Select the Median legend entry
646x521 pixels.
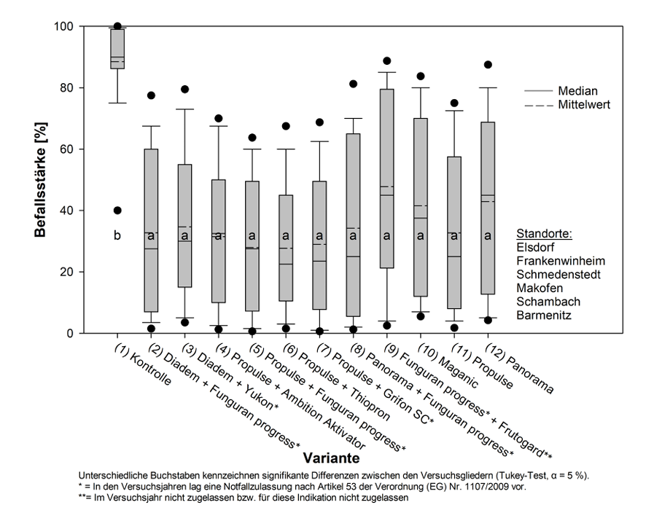tap(577, 91)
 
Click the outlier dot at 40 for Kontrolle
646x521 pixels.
tap(117, 211)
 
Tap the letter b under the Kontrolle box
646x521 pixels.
tap(117, 235)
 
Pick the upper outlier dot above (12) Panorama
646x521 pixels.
tap(488, 65)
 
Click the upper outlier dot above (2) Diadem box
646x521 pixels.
tap(151, 95)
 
